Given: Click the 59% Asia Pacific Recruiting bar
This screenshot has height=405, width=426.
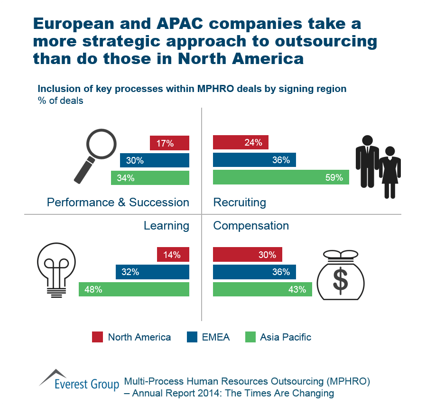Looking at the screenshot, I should (x=281, y=178).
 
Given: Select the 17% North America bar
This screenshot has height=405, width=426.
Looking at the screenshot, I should (x=169, y=143).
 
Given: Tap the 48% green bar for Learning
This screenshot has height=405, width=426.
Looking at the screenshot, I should (x=134, y=289).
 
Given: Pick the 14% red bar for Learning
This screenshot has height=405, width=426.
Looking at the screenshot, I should (x=173, y=255).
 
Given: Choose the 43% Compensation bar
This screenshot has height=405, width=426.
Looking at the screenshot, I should (x=262, y=289).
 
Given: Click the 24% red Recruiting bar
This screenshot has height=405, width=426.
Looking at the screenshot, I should (x=241, y=143).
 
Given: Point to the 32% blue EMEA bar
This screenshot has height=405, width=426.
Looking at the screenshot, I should (x=152, y=272).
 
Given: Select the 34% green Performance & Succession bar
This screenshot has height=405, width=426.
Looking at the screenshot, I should (x=150, y=178).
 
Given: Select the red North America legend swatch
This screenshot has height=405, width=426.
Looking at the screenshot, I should (x=97, y=337).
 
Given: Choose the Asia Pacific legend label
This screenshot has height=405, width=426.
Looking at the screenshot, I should (x=286, y=337).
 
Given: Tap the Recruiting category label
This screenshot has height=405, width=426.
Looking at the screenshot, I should (x=240, y=203).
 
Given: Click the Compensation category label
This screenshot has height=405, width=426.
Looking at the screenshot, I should (x=251, y=226).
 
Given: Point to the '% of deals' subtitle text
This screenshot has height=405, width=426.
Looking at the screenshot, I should (x=61, y=101).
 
